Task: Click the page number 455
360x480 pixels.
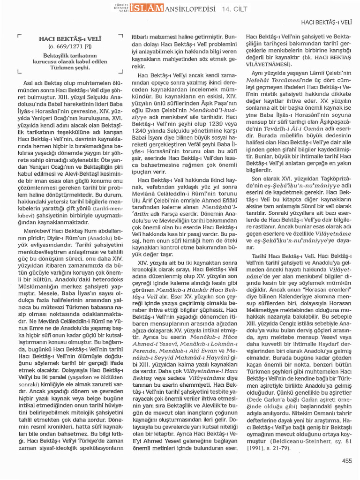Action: (346, 461)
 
